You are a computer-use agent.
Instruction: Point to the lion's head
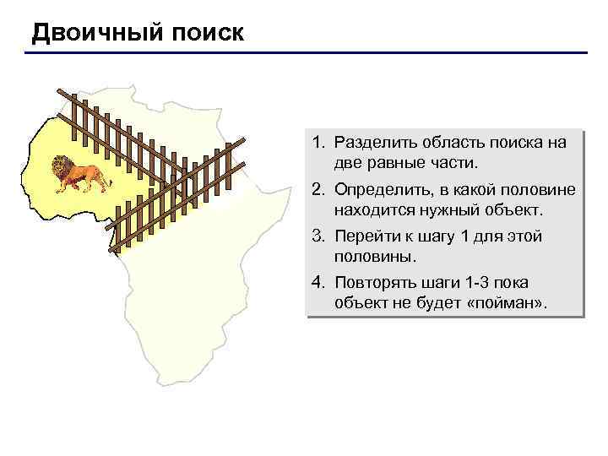(x=61, y=166)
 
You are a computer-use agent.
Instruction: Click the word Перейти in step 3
(x=363, y=236)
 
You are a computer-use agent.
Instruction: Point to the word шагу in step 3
(x=430, y=236)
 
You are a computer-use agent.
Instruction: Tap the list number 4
(x=319, y=283)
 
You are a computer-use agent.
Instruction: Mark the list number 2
(x=319, y=190)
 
